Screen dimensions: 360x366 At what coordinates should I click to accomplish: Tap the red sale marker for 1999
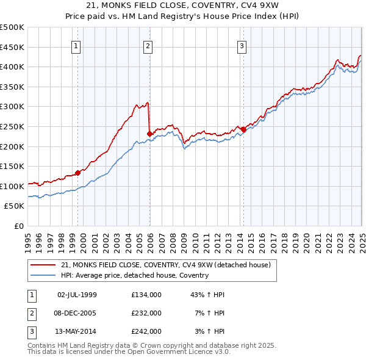pyautogui.click(x=78, y=173)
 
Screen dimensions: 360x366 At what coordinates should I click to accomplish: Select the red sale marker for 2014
pyautogui.click(x=243, y=129)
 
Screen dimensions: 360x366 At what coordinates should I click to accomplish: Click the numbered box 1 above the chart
pyautogui.click(x=76, y=45)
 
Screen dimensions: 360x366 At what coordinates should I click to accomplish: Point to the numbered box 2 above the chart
pyautogui.click(x=148, y=45)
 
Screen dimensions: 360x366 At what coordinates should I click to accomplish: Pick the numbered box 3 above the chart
pyautogui.click(x=242, y=45)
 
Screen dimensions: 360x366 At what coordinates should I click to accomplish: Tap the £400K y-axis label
pyautogui.click(x=13, y=67)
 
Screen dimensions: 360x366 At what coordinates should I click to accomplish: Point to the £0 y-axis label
pyautogui.click(x=19, y=226)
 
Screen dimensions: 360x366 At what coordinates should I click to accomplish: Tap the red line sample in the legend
pyautogui.click(x=44, y=265)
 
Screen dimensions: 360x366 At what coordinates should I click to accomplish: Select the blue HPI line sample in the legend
pyautogui.click(x=44, y=275)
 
